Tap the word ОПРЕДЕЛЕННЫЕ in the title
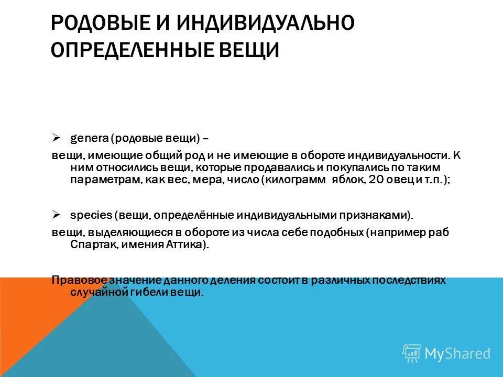click(135, 50)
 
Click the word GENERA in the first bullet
click(90, 139)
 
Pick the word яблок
click(346, 179)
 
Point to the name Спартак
click(90, 245)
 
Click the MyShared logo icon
click(411, 353)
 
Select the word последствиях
click(404, 280)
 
